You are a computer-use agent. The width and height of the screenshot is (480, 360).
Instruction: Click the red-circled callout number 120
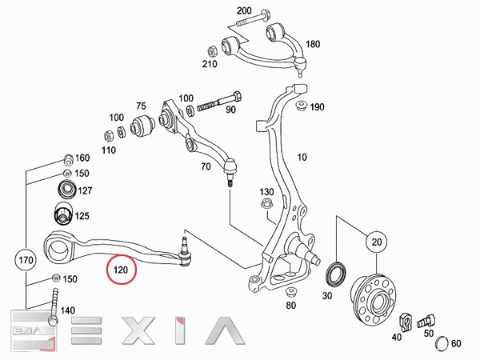click(122, 270)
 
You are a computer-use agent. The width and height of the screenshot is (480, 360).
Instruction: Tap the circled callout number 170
click(26, 260)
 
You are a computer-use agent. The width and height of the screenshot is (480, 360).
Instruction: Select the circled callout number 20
click(377, 242)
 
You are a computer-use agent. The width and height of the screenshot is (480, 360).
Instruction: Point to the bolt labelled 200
click(253, 18)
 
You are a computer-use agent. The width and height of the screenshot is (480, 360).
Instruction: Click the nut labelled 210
click(213, 51)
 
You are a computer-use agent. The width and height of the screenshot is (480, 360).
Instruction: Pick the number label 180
click(313, 44)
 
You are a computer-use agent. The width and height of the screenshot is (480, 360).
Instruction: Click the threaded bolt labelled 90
click(219, 102)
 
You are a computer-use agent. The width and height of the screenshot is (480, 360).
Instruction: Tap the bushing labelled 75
click(142, 125)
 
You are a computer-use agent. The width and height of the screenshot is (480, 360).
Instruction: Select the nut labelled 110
click(108, 136)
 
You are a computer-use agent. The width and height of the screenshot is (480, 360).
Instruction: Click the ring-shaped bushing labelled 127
click(66, 190)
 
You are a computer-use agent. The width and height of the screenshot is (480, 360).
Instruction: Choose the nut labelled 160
click(68, 159)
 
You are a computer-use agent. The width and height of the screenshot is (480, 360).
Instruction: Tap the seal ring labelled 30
click(336, 274)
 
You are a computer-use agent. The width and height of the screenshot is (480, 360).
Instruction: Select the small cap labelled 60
click(442, 343)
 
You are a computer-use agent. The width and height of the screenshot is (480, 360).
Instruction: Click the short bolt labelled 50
click(426, 321)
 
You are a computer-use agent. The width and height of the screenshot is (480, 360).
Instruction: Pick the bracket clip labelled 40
click(406, 322)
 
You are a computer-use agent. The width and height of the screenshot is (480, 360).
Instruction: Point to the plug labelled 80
click(291, 292)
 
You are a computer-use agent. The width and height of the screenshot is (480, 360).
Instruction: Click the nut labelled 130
click(266, 203)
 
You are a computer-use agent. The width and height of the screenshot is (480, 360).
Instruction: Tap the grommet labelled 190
click(302, 106)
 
